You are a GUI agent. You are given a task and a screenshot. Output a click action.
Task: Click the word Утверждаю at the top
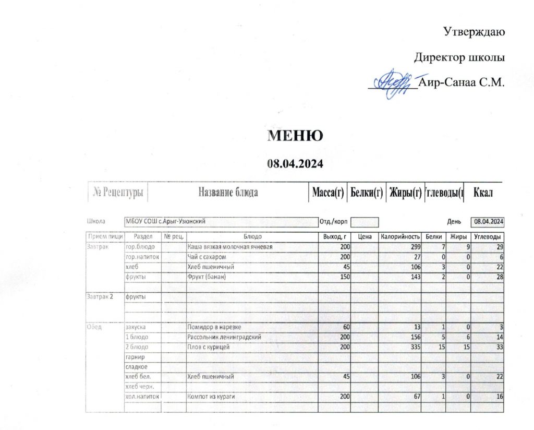point(474,32)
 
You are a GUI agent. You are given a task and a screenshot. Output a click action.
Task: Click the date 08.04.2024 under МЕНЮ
point(296,163)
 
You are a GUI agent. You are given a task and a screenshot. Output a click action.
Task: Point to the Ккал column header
point(483,193)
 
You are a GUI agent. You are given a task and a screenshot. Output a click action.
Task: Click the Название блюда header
point(228,193)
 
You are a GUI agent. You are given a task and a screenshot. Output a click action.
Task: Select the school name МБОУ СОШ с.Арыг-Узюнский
point(165,221)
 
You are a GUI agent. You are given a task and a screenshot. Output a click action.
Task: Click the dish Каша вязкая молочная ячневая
point(229,247)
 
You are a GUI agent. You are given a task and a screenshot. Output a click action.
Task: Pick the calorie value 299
point(411,247)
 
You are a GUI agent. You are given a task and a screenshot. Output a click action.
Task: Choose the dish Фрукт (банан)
point(206,277)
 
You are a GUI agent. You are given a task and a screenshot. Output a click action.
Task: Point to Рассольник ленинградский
point(224,337)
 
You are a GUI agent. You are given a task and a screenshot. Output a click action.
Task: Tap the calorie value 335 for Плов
point(411,347)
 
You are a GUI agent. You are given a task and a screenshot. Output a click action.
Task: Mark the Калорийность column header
point(399,237)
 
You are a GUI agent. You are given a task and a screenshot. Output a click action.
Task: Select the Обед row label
point(95,327)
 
